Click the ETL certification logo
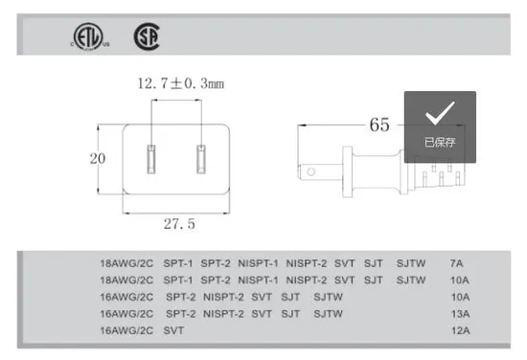coord(89,36)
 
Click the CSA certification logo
coord(147,36)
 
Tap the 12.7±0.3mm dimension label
coord(181,83)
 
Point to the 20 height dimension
coord(98,159)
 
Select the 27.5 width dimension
coord(179,224)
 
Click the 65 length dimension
coord(379,124)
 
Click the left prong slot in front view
coord(151,159)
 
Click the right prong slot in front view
coord(201,159)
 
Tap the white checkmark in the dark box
coord(440,113)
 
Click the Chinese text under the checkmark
coord(440,143)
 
